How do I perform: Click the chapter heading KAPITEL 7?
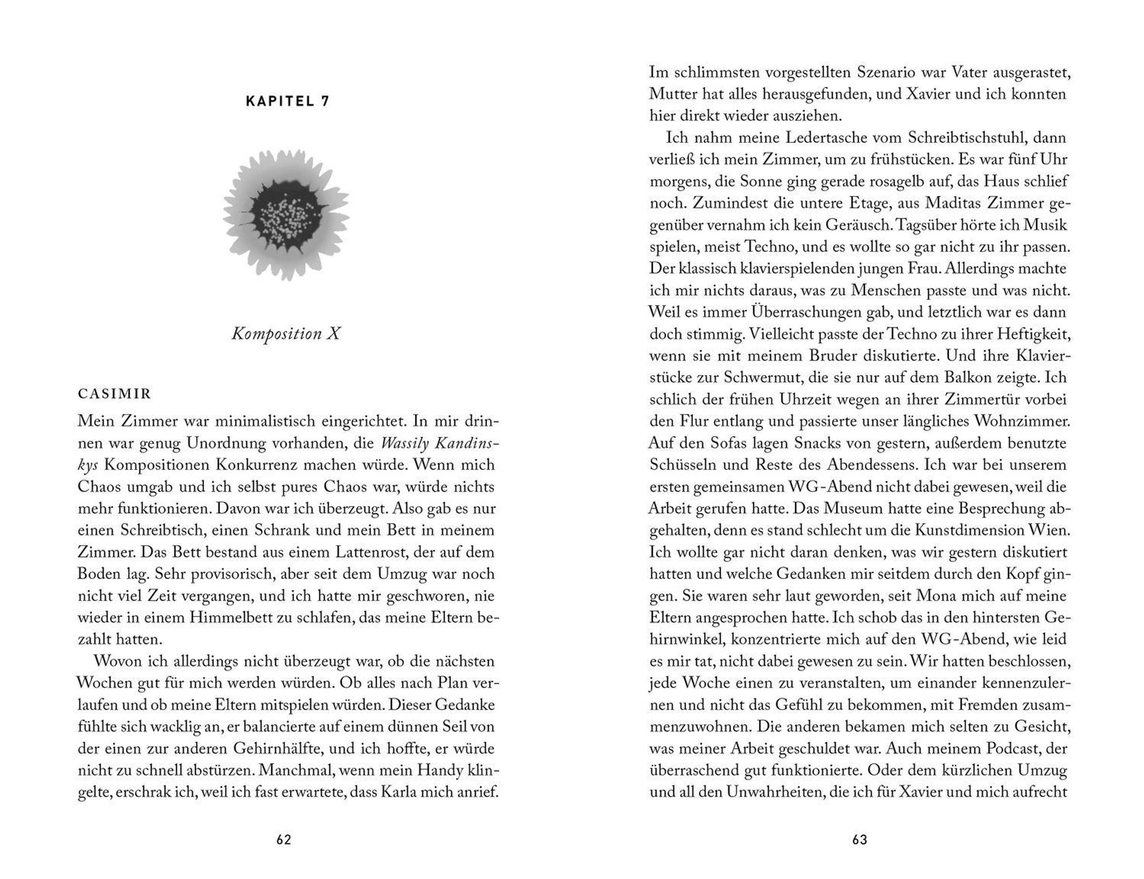tap(287, 101)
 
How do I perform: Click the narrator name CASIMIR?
tap(114, 394)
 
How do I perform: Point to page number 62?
tap(284, 840)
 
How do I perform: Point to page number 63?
tap(860, 840)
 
